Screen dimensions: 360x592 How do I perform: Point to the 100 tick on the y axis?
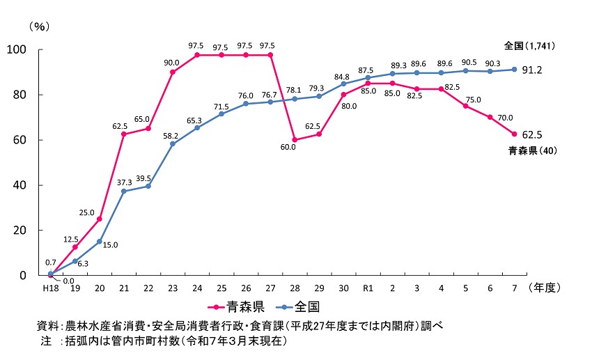pos(16,50)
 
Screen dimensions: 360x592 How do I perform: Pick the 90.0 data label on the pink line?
pos(172,63)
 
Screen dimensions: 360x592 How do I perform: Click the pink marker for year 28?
pos(295,140)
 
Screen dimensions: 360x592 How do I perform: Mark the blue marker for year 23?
pos(172,144)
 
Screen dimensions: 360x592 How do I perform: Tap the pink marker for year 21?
pos(123,134)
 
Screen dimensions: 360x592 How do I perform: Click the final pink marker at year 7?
pos(515,134)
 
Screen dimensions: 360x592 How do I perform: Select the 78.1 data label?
pos(295,90)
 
